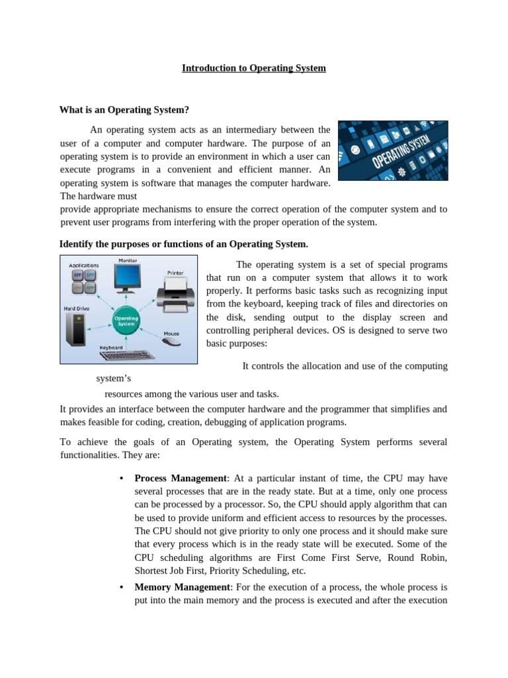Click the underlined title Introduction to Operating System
[254, 68]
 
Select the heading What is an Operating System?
[124, 110]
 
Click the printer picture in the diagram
[175, 291]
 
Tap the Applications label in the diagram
[84, 265]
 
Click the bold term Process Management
[180, 479]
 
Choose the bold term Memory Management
[181, 587]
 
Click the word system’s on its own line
[114, 379]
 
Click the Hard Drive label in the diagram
[77, 309]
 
